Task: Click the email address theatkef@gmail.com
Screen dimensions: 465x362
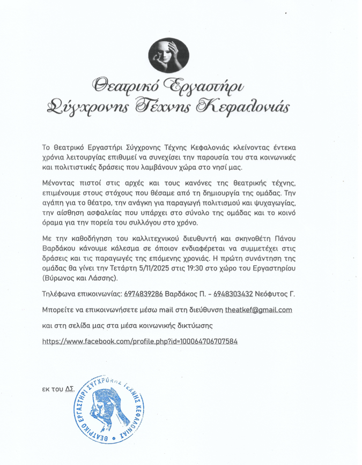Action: [258, 310]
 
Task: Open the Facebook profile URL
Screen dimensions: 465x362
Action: [139, 341]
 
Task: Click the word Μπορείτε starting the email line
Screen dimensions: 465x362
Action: [60, 310]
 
